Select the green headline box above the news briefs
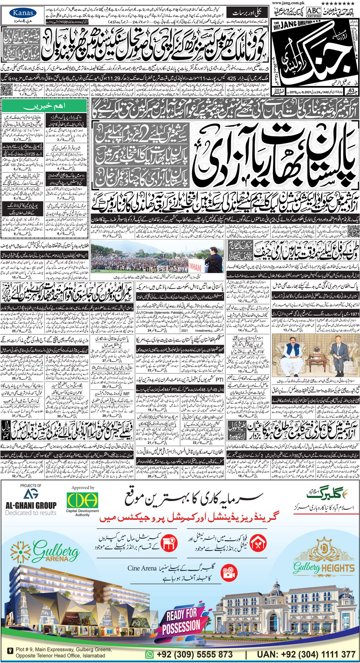coord(44,107)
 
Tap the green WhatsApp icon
coord(149,654)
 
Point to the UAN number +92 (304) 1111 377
coord(306,654)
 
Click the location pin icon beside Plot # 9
coord(10,651)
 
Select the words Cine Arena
coord(142,568)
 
